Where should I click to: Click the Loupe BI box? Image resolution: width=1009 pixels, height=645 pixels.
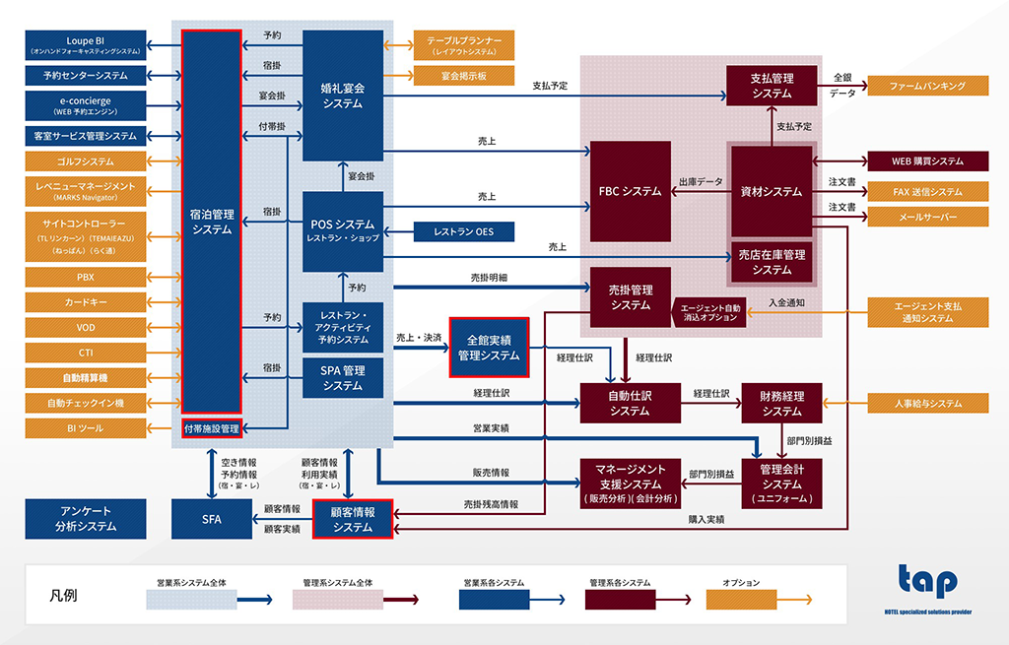pyautogui.click(x=85, y=44)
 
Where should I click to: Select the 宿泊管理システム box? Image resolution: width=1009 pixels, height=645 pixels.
pyautogui.click(x=212, y=222)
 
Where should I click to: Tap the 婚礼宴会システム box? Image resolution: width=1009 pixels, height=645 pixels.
pyautogui.click(x=342, y=95)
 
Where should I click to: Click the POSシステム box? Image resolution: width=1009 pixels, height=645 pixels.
pyautogui.click(x=342, y=231)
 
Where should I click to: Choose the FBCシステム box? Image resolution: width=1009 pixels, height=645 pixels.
pyautogui.click(x=630, y=191)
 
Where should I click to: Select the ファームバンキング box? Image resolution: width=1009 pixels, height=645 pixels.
pyautogui.click(x=927, y=87)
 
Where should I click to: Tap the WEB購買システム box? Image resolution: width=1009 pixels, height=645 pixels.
pyautogui.click(x=927, y=161)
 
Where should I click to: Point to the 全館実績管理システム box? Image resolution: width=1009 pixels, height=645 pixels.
pyautogui.click(x=489, y=347)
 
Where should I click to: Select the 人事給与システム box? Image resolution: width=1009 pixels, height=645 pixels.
pyautogui.click(x=927, y=403)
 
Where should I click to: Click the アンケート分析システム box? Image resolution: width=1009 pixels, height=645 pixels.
pyautogui.click(x=85, y=518)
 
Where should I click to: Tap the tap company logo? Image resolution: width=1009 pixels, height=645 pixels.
pyautogui.click(x=926, y=581)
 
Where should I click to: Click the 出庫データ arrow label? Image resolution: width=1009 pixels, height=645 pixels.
pyautogui.click(x=701, y=182)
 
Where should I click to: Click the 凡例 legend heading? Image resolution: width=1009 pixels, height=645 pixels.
pyautogui.click(x=64, y=595)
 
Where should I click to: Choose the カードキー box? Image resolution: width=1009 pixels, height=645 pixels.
pyautogui.click(x=85, y=301)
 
